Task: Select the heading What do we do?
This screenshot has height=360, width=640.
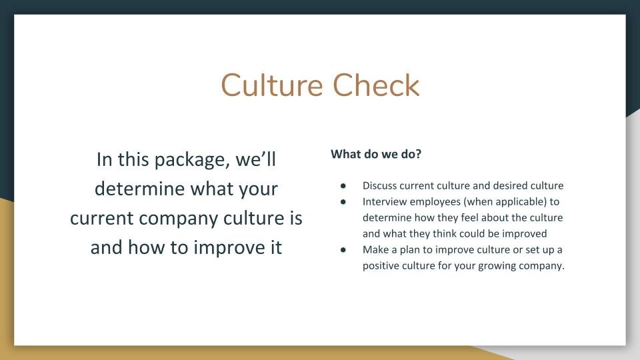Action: tap(376, 154)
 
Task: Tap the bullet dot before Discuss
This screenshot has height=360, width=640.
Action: tap(343, 185)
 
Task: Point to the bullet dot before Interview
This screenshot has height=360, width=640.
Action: tap(343, 201)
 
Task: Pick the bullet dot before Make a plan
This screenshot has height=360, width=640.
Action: tap(343, 249)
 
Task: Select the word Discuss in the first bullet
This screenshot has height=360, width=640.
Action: tap(379, 185)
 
